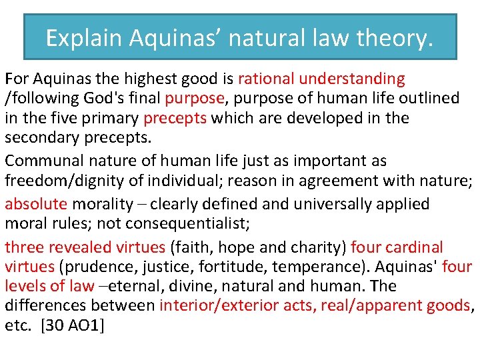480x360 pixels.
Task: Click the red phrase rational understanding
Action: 321,79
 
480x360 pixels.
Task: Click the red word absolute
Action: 36,204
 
